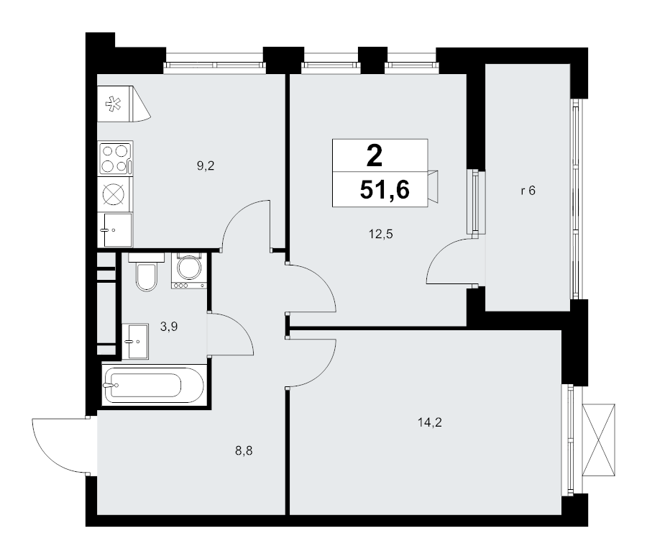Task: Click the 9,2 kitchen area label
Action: [206, 166]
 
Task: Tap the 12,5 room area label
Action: [380, 235]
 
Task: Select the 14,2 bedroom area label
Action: [430, 422]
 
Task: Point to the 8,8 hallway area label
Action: [244, 451]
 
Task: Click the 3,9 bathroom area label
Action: [169, 327]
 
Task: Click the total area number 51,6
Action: [385, 190]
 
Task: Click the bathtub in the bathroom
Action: [154, 386]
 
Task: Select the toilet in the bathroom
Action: [146, 273]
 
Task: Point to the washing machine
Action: [189, 271]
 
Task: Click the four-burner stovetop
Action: [116, 158]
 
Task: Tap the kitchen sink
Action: [115, 230]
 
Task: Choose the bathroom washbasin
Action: [135, 341]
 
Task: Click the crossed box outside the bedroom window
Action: [598, 440]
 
